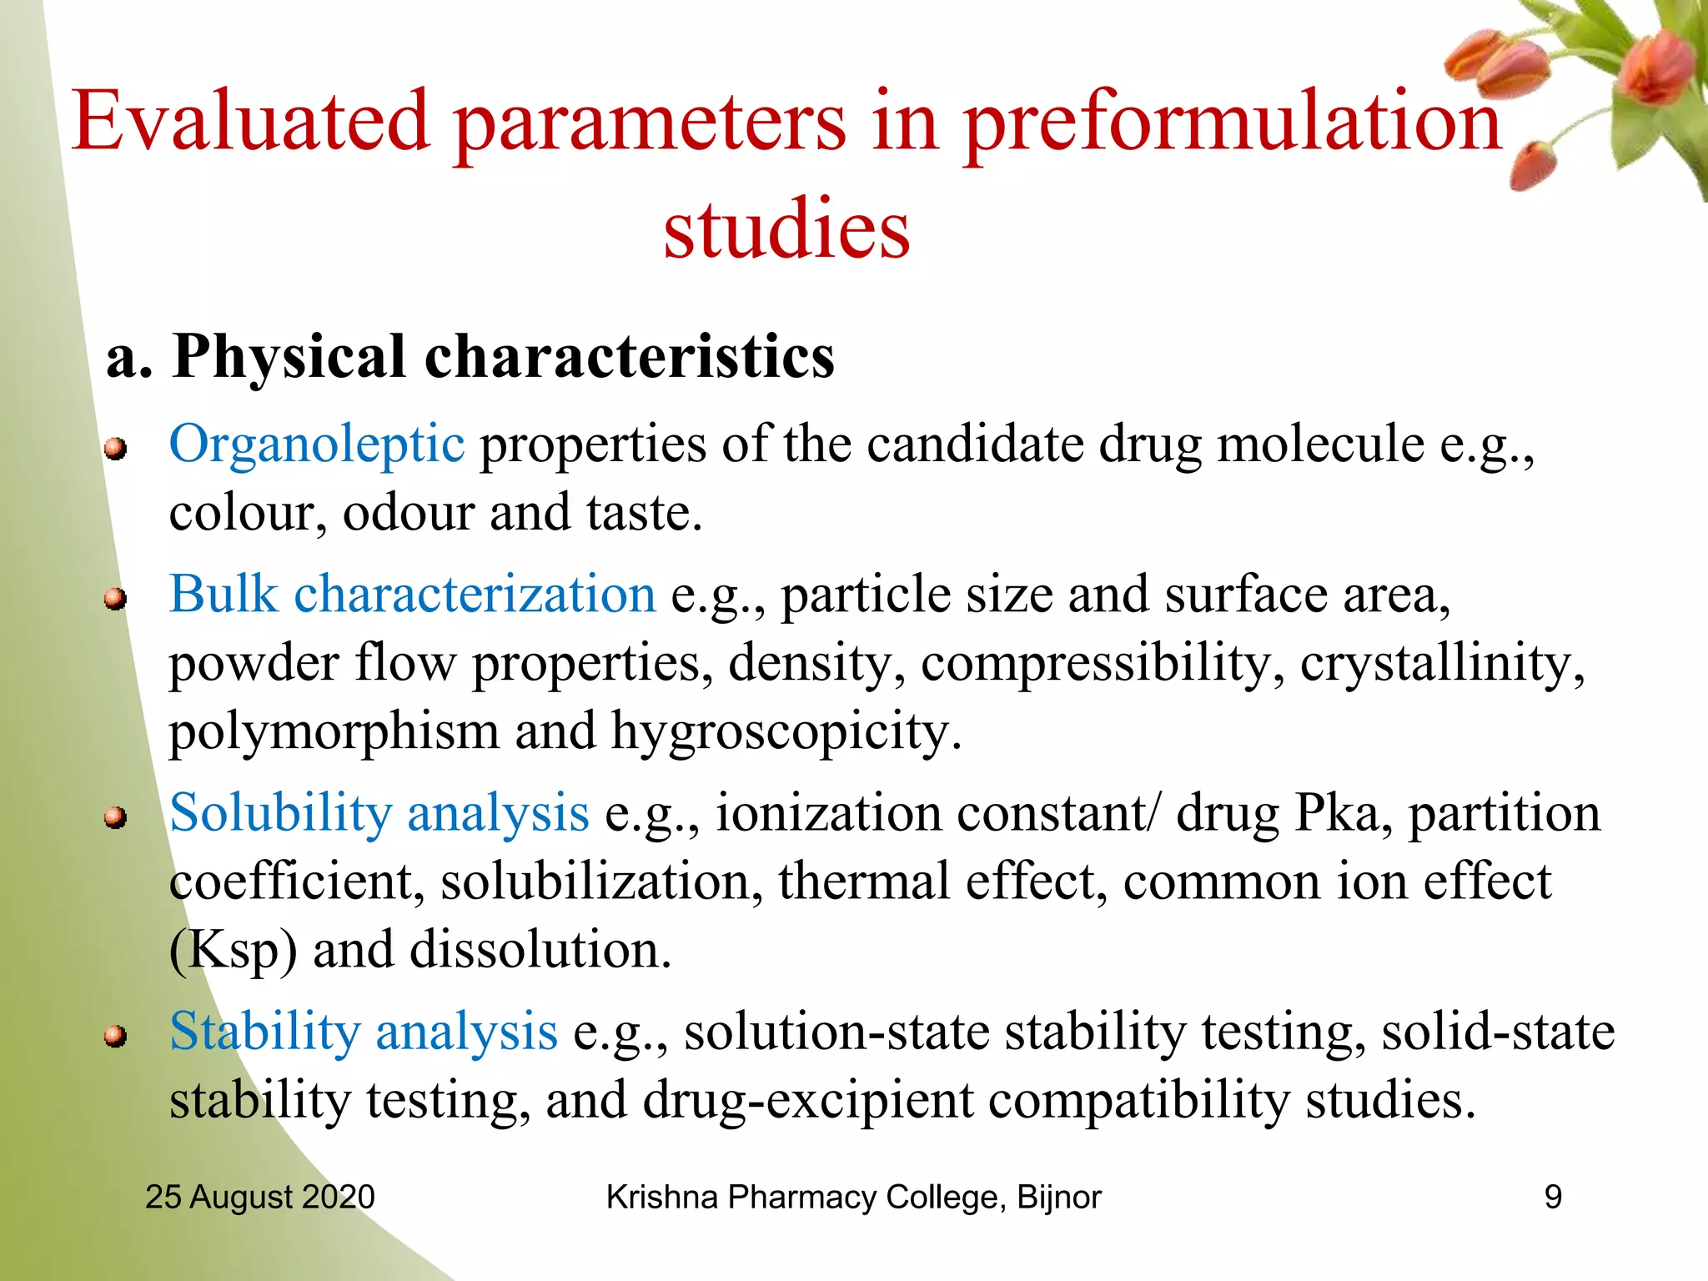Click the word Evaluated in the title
(x=250, y=123)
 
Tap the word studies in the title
(x=786, y=229)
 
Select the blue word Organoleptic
(x=316, y=444)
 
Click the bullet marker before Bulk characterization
(x=115, y=599)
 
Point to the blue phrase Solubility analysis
(x=379, y=813)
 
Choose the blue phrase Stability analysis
(x=363, y=1032)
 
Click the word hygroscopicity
(x=786, y=732)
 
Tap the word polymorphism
(x=334, y=732)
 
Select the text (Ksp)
(x=233, y=951)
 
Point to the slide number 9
(x=1552, y=1197)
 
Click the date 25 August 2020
(x=259, y=1197)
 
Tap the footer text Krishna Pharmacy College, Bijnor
(x=852, y=1197)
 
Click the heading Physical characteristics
(x=503, y=357)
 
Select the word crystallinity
(x=1441, y=664)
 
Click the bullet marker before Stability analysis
(x=115, y=1037)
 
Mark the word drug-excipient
(x=807, y=1101)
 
